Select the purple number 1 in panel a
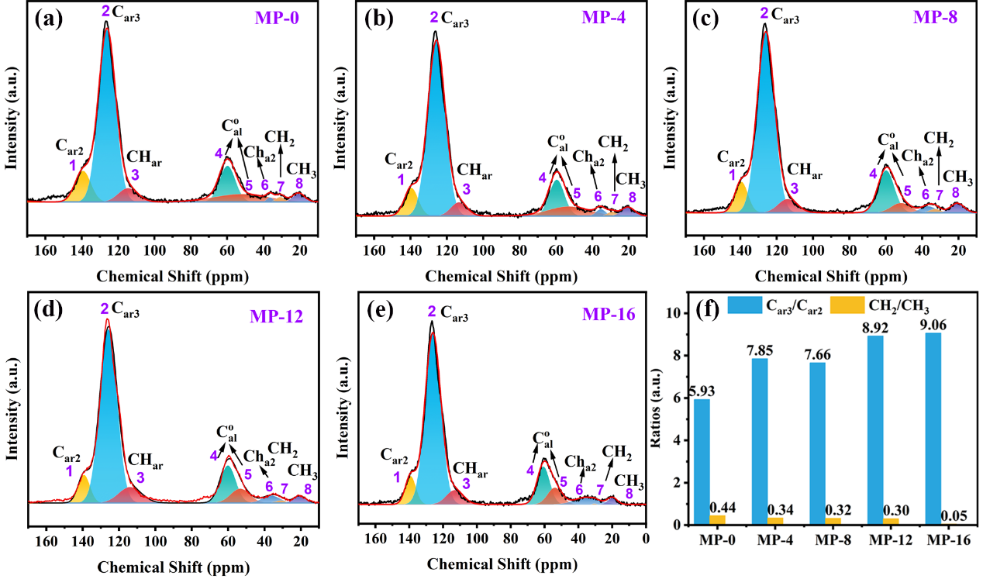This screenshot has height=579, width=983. click(x=72, y=164)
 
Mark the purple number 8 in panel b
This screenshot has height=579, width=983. click(x=633, y=198)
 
